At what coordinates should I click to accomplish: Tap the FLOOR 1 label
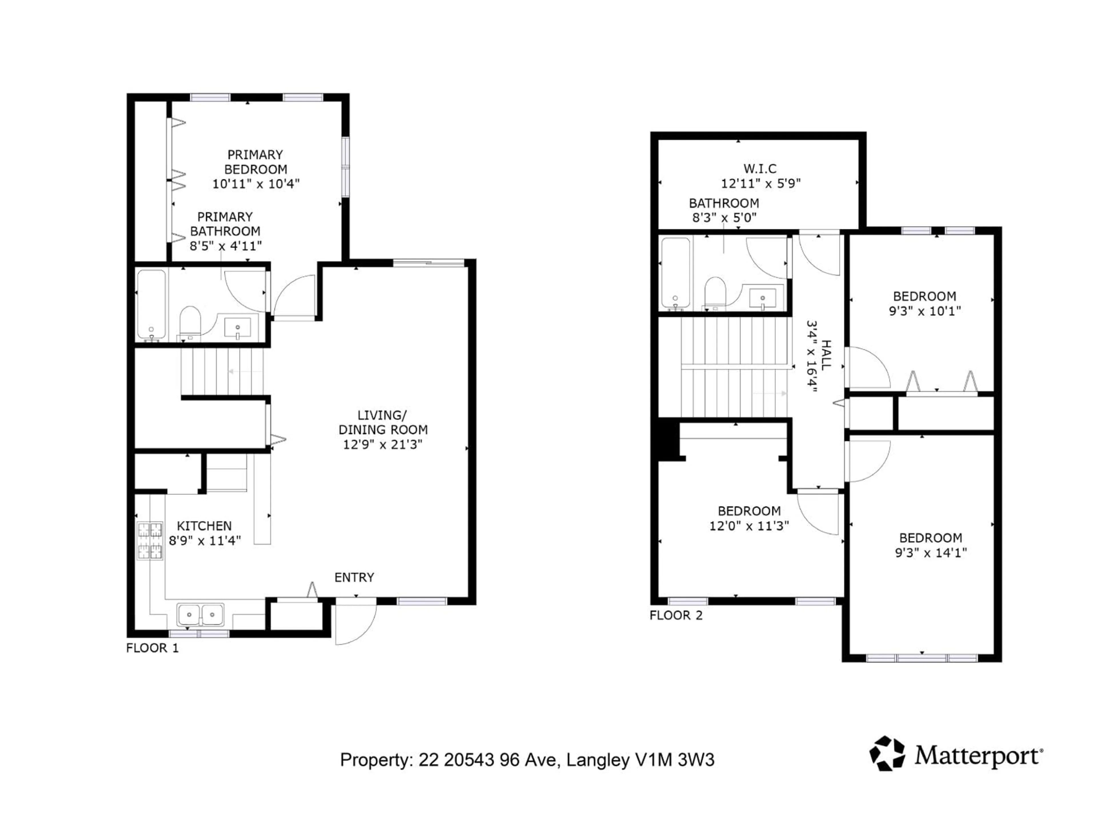(x=152, y=648)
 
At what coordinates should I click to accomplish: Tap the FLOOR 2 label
(x=676, y=615)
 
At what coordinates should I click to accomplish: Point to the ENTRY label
(x=354, y=577)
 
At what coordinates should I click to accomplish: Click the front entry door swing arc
(x=356, y=624)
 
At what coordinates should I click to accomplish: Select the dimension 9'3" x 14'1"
(x=931, y=552)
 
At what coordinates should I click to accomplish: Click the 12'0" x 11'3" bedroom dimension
(x=749, y=525)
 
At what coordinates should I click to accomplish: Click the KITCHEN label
(x=204, y=525)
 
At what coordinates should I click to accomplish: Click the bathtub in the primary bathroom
(x=151, y=303)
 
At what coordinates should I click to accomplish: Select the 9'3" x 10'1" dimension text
(x=924, y=311)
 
